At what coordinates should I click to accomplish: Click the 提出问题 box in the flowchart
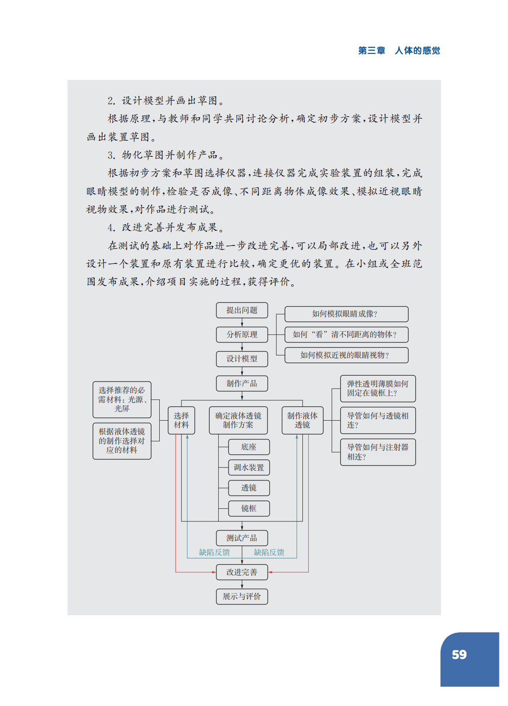tap(242, 310)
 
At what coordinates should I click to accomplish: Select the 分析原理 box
tap(242, 334)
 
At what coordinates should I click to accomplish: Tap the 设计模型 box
tap(242, 359)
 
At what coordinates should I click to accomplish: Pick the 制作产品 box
tap(242, 383)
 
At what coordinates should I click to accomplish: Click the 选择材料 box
tap(181, 420)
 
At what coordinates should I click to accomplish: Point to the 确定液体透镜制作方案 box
tap(238, 420)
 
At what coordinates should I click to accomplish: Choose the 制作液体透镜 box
tap(302, 420)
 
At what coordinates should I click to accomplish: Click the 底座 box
tap(249, 447)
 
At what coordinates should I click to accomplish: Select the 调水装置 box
tap(249, 467)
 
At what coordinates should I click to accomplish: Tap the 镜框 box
tap(249, 508)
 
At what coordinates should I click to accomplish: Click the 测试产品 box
tap(242, 538)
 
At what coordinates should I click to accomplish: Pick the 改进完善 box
tap(242, 572)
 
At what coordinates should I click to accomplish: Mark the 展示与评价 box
tap(242, 596)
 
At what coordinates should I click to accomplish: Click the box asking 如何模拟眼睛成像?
tap(346, 314)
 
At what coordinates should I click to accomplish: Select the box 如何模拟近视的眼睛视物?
tap(346, 355)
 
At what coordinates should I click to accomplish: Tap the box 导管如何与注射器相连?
tap(378, 452)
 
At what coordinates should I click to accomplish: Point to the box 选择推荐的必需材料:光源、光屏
tap(121, 400)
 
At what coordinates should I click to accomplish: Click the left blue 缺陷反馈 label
tap(214, 552)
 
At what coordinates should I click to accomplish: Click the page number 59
tap(459, 655)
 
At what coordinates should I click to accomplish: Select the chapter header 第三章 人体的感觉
tap(399, 50)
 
